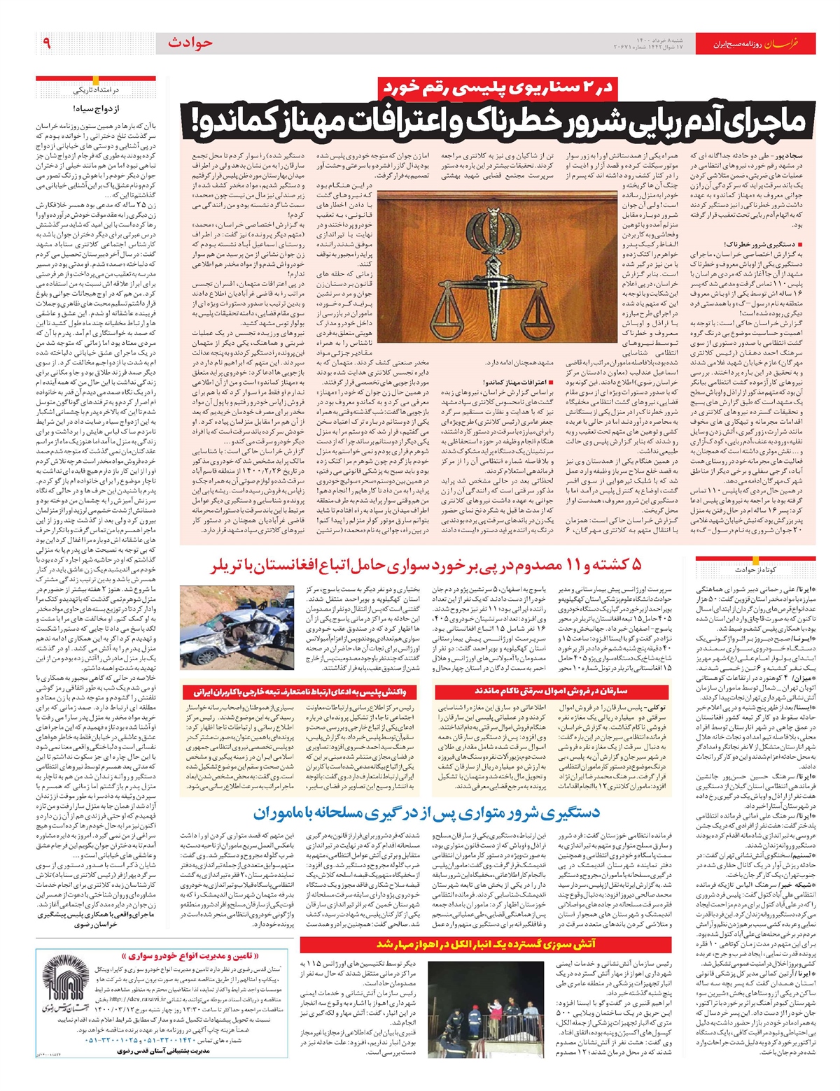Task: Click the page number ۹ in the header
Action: click(x=47, y=43)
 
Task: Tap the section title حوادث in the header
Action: click(x=189, y=43)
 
